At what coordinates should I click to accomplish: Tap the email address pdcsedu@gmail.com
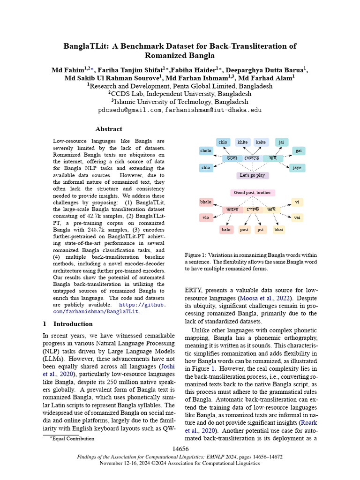129,110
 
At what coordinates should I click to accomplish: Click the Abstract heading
109,129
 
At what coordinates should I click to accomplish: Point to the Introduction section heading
73,324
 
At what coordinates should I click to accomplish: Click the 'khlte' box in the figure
242,142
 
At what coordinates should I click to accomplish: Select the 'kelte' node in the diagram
261,142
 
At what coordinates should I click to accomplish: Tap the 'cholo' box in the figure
206,151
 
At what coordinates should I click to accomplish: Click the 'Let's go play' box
252,175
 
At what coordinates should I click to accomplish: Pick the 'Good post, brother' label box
252,193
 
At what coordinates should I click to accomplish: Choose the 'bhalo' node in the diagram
206,202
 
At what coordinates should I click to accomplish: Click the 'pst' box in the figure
261,230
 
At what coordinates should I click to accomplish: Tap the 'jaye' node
297,167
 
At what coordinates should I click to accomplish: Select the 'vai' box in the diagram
297,217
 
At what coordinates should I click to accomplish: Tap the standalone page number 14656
180,449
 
